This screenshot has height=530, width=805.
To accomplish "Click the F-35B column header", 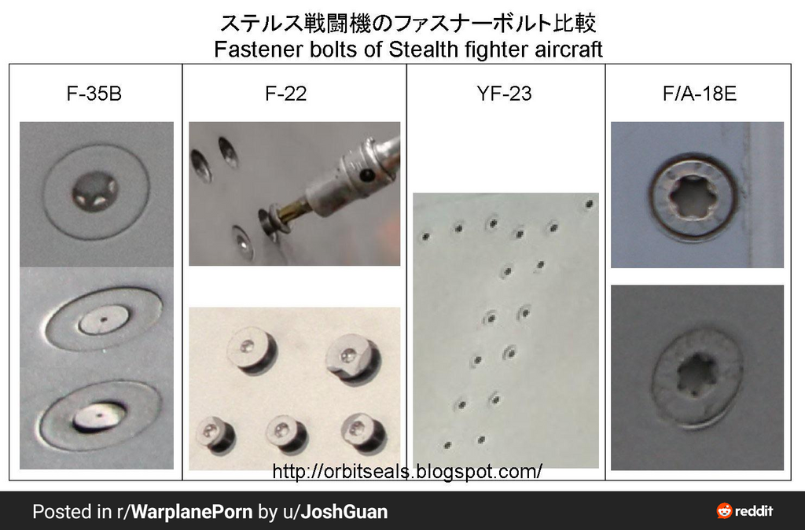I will coord(94,94).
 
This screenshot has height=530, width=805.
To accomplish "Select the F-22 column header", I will coord(286,94).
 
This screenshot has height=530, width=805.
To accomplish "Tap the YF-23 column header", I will coord(504,94).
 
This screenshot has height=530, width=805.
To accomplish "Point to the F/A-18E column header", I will coord(699,94).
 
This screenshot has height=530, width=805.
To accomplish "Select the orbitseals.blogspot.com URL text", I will coord(407,472).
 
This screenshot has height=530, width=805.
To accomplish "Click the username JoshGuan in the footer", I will coord(344,512).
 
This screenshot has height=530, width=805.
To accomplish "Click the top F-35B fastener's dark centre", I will coord(94,189).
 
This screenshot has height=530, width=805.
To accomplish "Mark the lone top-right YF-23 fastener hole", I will coord(589,204).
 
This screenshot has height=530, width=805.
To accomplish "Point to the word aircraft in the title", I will coord(564,50).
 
